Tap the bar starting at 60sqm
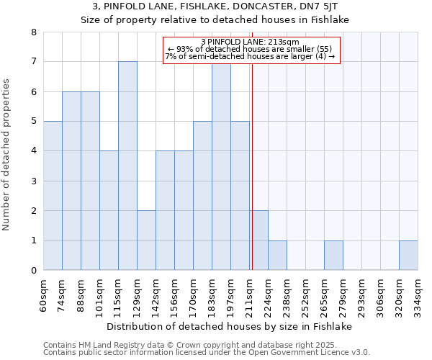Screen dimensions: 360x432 point(53,196)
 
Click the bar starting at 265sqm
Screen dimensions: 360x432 point(333,256)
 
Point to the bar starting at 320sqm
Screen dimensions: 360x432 point(408,256)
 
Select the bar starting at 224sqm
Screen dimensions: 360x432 point(277,256)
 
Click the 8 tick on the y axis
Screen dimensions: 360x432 point(34,32)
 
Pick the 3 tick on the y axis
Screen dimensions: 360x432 point(34,181)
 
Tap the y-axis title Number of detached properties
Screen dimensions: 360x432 point(7,151)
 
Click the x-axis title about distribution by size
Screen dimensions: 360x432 point(234,326)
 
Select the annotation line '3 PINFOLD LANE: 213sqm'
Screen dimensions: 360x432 point(251,41)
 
